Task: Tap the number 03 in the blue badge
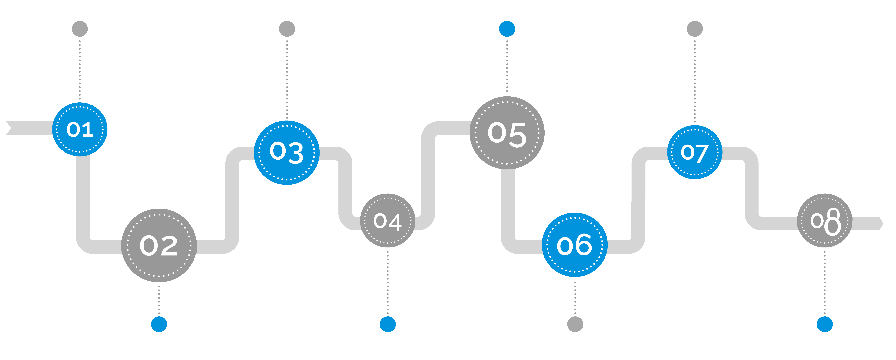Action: pyautogui.click(x=287, y=152)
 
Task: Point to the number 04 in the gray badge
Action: pyautogui.click(x=387, y=221)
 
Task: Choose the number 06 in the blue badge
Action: pyautogui.click(x=574, y=245)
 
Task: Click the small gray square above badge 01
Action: pyautogui.click(x=80, y=29)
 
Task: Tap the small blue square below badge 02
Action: pyautogui.click(x=159, y=324)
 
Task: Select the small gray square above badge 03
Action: pyautogui.click(x=287, y=29)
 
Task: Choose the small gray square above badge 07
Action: pyautogui.click(x=695, y=29)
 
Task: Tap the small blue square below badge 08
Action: pyautogui.click(x=825, y=324)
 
